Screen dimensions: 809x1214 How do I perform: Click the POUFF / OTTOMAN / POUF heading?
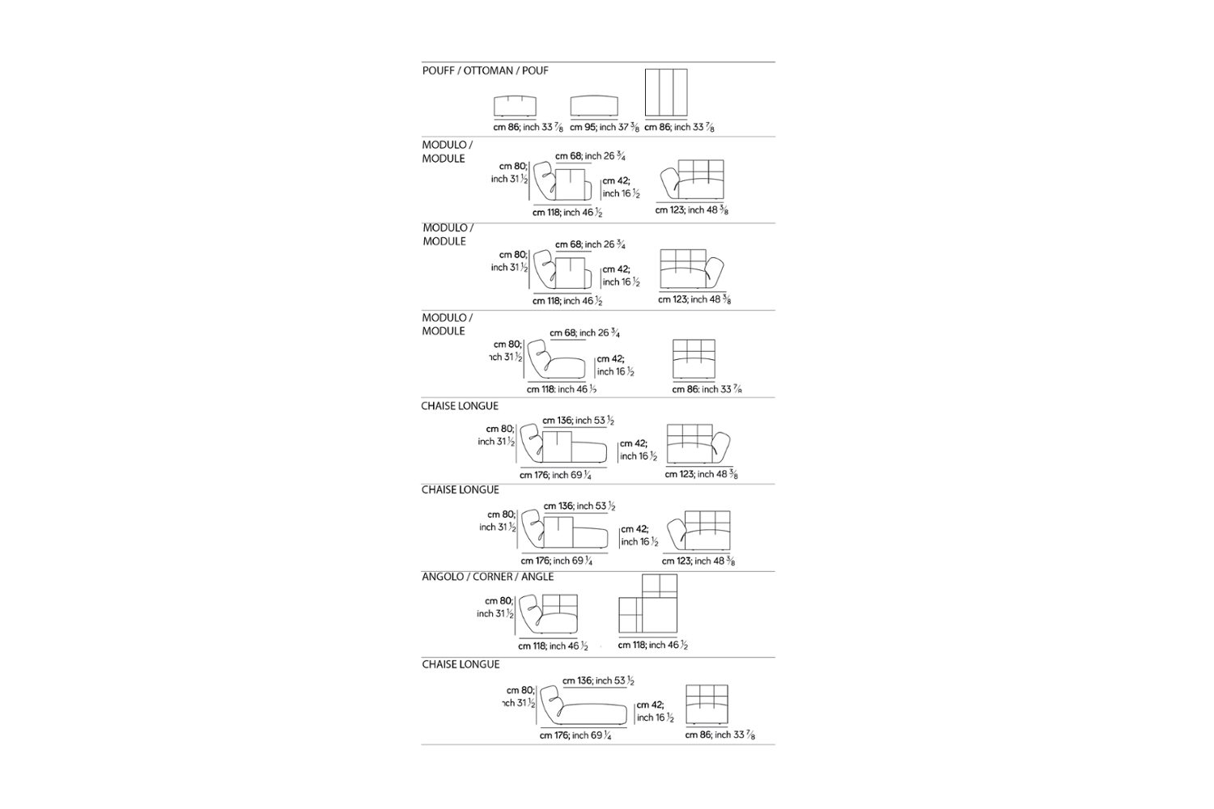[x=485, y=71]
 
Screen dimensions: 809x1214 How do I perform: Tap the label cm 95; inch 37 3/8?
[x=604, y=127]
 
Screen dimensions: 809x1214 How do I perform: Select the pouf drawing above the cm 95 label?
[x=594, y=106]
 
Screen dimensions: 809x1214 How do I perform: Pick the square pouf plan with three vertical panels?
[x=666, y=92]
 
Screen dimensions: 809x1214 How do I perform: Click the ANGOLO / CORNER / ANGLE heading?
[x=487, y=577]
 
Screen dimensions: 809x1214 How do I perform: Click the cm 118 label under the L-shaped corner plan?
[x=652, y=645]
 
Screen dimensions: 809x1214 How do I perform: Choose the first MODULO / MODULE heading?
[x=446, y=151]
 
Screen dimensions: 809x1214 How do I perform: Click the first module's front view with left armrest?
[x=691, y=180]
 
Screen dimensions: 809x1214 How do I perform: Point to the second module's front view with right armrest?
[x=691, y=269]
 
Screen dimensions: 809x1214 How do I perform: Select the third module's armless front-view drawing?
[x=694, y=358]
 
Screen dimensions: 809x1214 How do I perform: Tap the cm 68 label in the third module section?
[x=584, y=332]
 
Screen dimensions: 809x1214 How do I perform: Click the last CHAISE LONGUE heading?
[x=461, y=664]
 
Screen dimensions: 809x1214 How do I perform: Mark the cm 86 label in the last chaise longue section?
[x=719, y=735]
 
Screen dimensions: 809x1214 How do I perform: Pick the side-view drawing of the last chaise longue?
[x=583, y=706]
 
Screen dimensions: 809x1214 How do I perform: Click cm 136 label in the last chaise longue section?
[x=597, y=681]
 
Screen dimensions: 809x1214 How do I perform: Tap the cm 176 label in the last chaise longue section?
[x=575, y=735]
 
